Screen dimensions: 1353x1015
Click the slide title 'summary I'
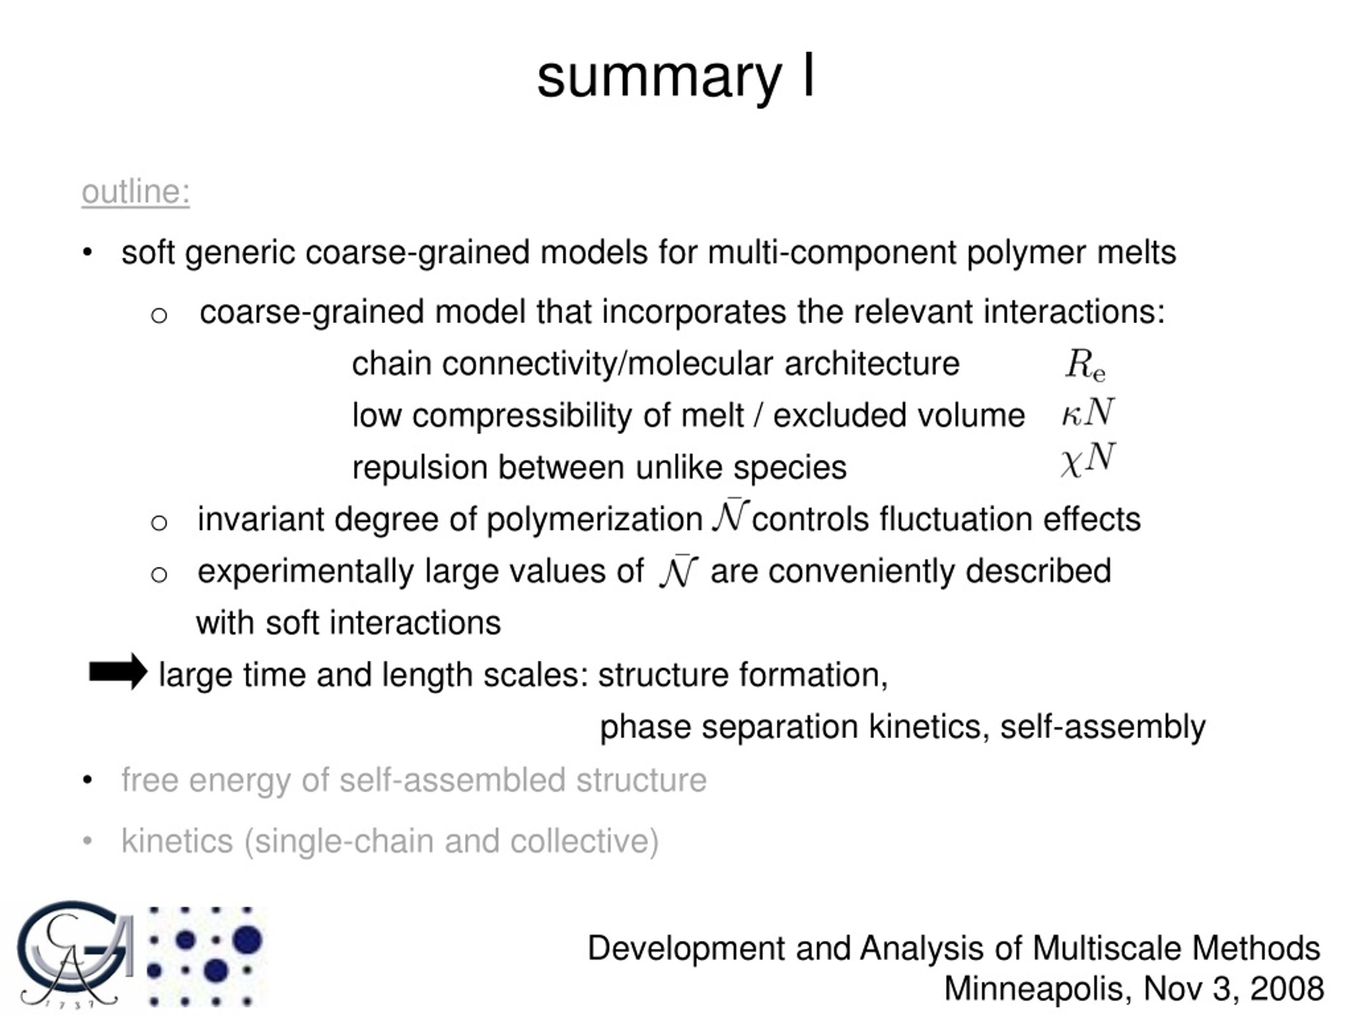coord(676,78)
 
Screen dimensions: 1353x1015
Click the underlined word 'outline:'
coord(136,191)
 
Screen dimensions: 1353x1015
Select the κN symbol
coord(1088,412)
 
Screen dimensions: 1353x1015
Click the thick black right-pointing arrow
coord(118,671)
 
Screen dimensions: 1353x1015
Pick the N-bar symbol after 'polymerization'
coord(731,516)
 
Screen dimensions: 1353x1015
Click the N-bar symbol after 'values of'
coord(678,571)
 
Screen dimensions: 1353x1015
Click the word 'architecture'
coord(872,363)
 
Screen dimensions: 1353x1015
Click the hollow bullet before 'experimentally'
coord(159,575)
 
